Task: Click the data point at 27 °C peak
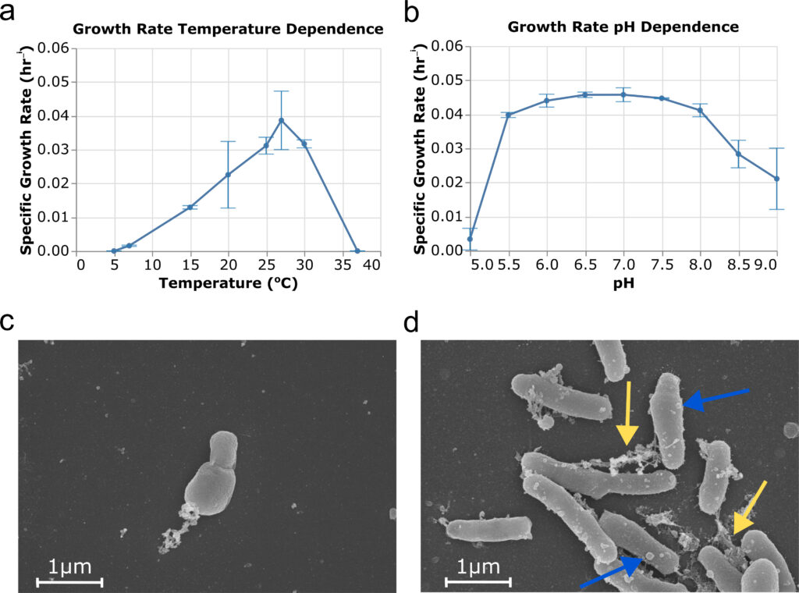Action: [281, 120]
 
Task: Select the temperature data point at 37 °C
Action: [357, 251]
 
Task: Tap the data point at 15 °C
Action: [190, 207]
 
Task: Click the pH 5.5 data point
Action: [508, 115]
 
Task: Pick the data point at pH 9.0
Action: [776, 179]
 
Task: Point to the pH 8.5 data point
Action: [738, 154]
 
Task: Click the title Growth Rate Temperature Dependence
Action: [227, 29]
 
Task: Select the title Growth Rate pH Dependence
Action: [623, 27]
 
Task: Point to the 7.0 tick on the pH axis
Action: [623, 265]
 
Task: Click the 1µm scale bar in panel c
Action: [69, 581]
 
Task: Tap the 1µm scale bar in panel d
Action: [478, 581]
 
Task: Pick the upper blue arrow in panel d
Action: [716, 396]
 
